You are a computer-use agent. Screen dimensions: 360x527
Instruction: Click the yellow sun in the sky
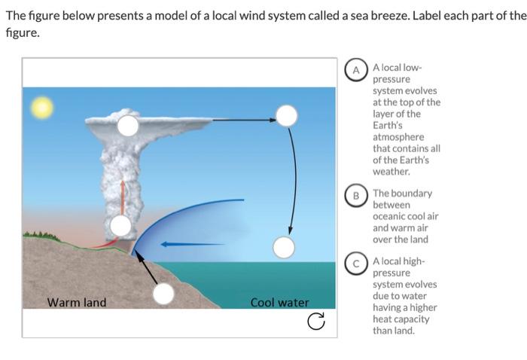[x=41, y=108]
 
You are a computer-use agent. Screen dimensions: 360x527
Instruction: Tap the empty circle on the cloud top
[x=129, y=126]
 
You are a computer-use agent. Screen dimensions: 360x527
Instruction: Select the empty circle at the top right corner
[x=286, y=115]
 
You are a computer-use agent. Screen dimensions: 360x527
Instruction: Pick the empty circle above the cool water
[x=283, y=246]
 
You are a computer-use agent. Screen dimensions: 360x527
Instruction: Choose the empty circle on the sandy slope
[x=163, y=294]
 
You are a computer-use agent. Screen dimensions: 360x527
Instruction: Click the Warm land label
[x=77, y=303]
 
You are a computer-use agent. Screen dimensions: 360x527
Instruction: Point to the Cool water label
[x=279, y=303]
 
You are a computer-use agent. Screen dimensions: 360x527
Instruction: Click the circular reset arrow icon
[x=317, y=323]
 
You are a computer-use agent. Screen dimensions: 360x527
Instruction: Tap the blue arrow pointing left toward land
[x=192, y=244]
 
